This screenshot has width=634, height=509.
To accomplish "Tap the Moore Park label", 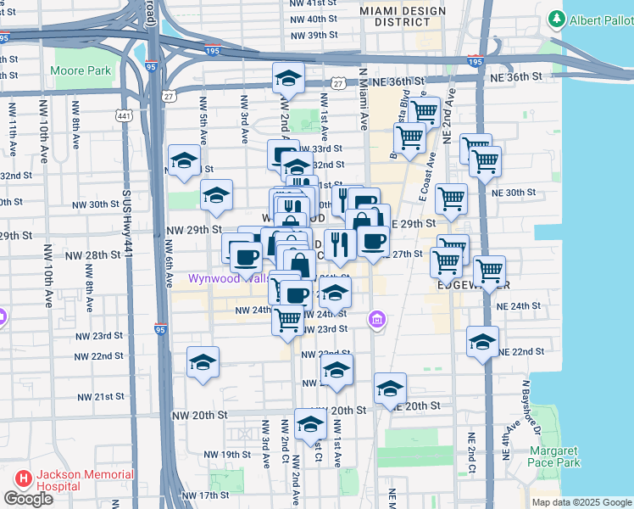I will [x=81, y=70].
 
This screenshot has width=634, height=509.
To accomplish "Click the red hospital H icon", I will [x=21, y=480].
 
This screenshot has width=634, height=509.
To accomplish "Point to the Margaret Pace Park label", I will [x=556, y=456].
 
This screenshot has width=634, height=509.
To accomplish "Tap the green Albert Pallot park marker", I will [x=557, y=19].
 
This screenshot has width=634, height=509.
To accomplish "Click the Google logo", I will [x=28, y=499].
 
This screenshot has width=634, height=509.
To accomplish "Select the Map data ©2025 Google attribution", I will [x=581, y=502].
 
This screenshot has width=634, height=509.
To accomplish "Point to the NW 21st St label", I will [x=101, y=397].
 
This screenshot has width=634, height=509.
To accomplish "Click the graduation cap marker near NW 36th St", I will [x=288, y=79].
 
